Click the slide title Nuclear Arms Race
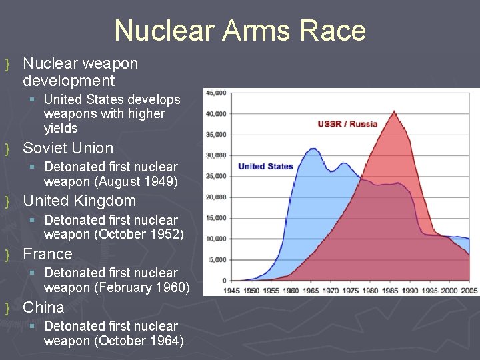point(240,31)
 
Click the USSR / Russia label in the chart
point(347,123)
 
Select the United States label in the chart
point(265,166)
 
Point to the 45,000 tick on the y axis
point(216,93)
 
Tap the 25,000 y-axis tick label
point(216,176)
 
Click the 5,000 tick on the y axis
point(217,259)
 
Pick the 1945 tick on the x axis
point(231,290)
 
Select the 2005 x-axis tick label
point(469,290)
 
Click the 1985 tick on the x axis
point(390,290)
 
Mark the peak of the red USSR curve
point(394,111)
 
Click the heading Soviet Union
point(68,148)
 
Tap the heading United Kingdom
point(79,201)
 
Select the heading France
point(47,254)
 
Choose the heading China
point(43,307)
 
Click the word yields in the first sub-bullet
point(61,128)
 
